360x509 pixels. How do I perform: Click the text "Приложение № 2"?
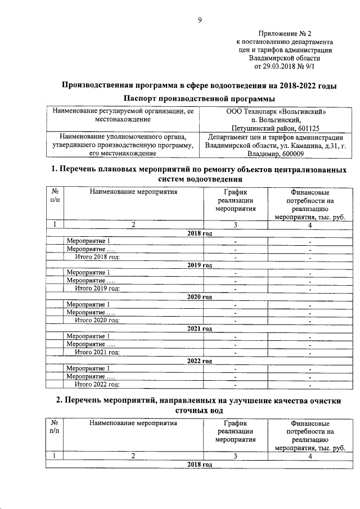(x=285, y=34)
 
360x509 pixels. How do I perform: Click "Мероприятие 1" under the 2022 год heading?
(x=88, y=368)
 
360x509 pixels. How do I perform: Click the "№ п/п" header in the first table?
(x=55, y=196)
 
